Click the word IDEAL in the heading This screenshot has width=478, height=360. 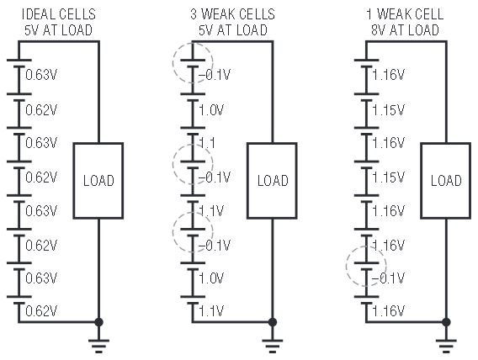tap(39, 14)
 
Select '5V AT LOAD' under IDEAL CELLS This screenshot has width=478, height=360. tap(58, 29)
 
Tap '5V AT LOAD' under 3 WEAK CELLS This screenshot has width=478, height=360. tap(233, 29)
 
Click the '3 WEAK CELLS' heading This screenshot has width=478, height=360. tap(232, 14)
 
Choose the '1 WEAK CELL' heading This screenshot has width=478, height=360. tap(405, 14)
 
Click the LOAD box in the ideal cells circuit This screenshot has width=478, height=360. tap(98, 181)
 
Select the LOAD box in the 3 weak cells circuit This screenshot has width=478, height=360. tap(272, 181)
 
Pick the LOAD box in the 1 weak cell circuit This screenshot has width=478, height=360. tap(446, 181)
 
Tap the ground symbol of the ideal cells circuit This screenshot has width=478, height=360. tap(98, 346)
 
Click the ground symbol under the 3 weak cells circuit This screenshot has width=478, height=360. tap(273, 346)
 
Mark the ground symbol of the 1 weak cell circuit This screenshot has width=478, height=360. tap(446, 346)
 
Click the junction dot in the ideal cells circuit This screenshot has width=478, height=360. tap(98, 322)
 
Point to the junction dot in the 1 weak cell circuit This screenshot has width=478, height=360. tap(446, 322)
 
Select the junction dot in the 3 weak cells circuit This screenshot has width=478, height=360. tap(273, 322)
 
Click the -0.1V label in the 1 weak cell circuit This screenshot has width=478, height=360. tap(389, 278)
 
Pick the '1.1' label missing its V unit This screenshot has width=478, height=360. tap(207, 143)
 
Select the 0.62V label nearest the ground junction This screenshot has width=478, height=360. tap(41, 311)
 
